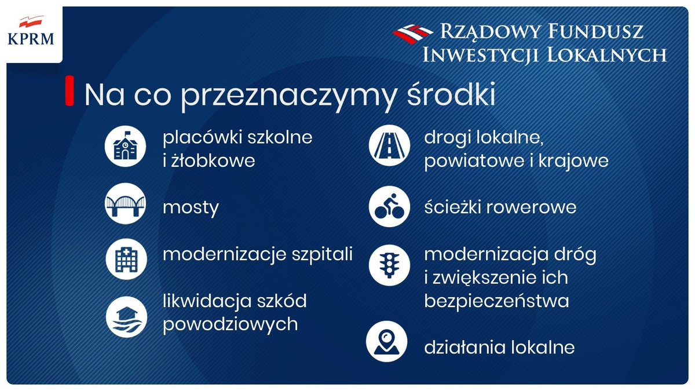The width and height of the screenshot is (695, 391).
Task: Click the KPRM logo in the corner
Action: [31, 32]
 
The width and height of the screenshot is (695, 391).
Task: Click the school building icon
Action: [124, 148]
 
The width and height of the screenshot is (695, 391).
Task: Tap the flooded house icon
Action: [124, 316]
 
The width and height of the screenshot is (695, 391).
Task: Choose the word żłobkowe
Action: [213, 161]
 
